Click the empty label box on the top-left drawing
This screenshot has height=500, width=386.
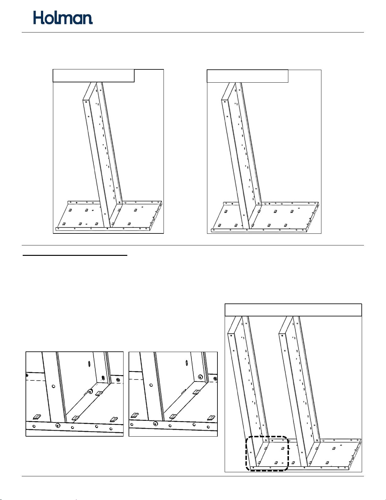coord(94,76)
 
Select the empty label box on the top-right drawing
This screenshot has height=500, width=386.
coord(247,76)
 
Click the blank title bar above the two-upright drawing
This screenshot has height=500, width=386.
coord(293,310)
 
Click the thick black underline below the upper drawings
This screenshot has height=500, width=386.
coord(75,255)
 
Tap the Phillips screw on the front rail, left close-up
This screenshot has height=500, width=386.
coord(58,426)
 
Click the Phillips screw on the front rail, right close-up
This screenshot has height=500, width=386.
coord(156,423)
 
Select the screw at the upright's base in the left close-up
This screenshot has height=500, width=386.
coord(90,391)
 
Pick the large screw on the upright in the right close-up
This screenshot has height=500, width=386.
coord(201,377)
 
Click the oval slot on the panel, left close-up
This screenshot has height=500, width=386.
coord(89,364)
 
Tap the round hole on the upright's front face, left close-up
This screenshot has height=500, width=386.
coord(53,386)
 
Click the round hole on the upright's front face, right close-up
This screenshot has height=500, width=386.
coord(151,385)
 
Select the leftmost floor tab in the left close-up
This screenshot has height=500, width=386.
coord(37,416)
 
